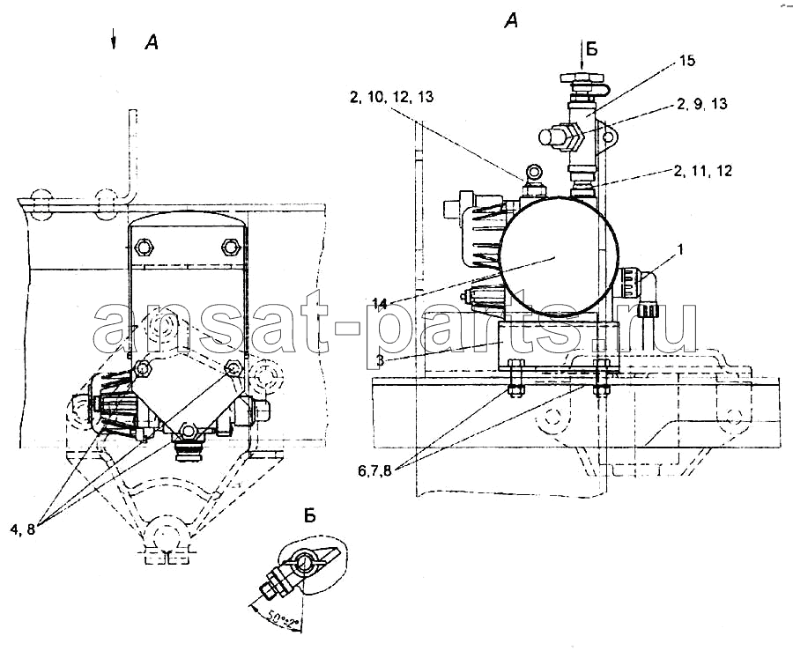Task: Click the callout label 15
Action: pos(686,61)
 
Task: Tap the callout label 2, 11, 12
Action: pos(702,171)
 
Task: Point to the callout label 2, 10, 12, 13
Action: pos(391,97)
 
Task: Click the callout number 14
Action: pos(380,304)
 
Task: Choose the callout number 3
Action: pos(380,361)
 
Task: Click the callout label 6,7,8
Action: pos(374,471)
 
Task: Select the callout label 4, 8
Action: pos(22,529)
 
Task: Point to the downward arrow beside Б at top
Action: pos(582,56)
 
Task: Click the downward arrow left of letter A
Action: pos(114,39)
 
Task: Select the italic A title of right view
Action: pos(511,21)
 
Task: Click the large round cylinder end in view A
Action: pos(559,256)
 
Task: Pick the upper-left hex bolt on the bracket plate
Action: pos(145,248)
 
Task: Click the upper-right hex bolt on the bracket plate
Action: pos(231,248)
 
